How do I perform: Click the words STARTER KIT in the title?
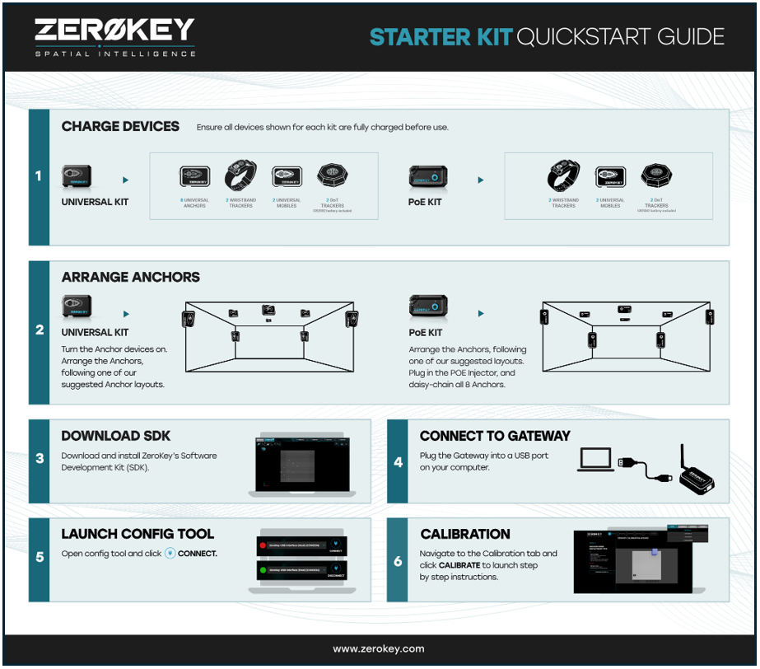coord(440,37)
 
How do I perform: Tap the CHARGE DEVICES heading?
coord(120,126)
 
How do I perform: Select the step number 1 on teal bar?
coord(39,176)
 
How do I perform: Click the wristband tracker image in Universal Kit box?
coord(240,175)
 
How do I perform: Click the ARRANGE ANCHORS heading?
coord(130,277)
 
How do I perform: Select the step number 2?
coord(39,330)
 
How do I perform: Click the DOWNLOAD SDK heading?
coord(115,436)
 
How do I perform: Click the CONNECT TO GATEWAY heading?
coord(495,436)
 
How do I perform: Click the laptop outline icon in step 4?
coord(594,461)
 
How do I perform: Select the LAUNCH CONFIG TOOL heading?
coord(138,534)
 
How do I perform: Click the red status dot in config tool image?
coord(263,545)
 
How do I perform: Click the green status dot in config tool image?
coord(263,570)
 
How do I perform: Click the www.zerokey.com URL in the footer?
coord(379,649)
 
